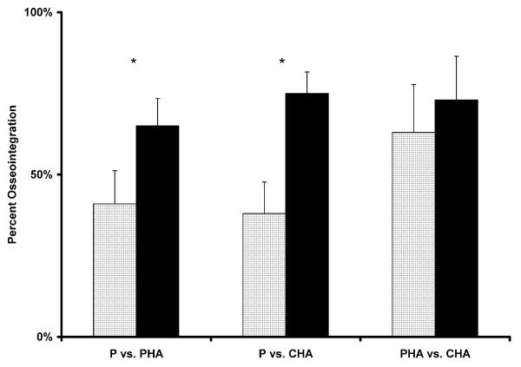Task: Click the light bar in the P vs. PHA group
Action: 115,270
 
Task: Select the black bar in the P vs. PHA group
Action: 157,231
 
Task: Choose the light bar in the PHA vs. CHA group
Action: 413,234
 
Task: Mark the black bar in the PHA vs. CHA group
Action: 456,218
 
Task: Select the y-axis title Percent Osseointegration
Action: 14,174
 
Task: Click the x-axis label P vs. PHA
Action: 136,354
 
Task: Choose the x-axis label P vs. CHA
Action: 286,354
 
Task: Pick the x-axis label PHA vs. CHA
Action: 435,354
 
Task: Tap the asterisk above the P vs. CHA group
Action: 282,62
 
